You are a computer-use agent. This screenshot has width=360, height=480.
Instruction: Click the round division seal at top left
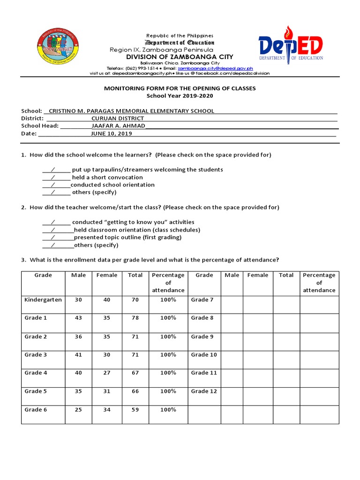pos(57,49)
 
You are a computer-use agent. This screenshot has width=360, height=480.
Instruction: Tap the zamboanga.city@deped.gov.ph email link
pos(215,68)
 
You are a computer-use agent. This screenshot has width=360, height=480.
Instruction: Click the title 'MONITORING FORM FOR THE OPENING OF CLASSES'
pos(180,89)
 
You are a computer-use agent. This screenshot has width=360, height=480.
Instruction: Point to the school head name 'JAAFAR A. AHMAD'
pos(118,126)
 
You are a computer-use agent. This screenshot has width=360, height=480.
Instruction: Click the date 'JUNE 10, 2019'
pos(111,134)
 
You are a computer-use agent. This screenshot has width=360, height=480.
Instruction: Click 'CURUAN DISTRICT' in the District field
pos(118,119)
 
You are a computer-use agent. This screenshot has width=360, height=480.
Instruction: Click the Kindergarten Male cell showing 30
pos(78,300)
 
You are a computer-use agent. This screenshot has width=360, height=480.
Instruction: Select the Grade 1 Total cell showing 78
pos(135,318)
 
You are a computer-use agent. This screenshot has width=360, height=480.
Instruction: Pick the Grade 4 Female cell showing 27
pos(107,373)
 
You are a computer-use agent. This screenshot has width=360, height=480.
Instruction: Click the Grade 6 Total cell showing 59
pos(135,409)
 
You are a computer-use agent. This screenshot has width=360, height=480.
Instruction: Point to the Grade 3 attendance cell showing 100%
pos(168,355)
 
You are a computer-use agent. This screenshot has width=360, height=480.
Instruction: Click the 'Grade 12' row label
pos(204,391)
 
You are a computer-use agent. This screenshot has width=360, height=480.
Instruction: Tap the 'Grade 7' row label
pos(202,300)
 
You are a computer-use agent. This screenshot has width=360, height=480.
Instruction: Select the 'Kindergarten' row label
pos(43,300)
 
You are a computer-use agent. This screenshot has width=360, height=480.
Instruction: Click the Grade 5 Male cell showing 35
pos(78,391)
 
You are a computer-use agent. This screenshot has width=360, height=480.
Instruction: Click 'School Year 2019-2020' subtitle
pos(180,96)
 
